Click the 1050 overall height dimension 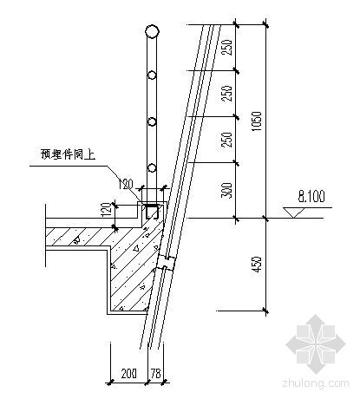(x=257, y=121)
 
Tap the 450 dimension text (x=257, y=265)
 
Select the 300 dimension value (x=227, y=190)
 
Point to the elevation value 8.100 (x=311, y=196)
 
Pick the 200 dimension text (x=128, y=374)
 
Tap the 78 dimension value (x=155, y=374)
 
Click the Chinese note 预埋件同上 (x=68, y=154)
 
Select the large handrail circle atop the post (x=152, y=31)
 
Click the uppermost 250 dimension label (x=227, y=48)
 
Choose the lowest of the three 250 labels (x=227, y=140)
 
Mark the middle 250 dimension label (x=227, y=93)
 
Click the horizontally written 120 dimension (x=126, y=184)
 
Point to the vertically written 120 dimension (x=106, y=210)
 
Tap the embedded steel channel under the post (x=152, y=211)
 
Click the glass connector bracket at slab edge (x=166, y=263)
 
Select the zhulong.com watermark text (x=316, y=383)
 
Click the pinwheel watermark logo (x=316, y=344)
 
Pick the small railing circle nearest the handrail (x=152, y=75)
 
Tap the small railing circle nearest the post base (x=152, y=167)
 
